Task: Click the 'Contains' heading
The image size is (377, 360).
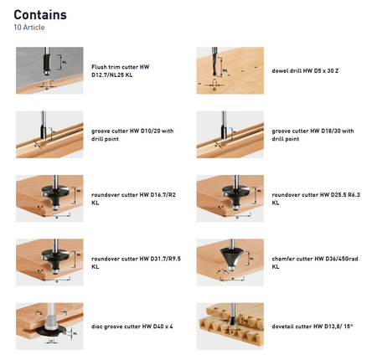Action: click(x=40, y=15)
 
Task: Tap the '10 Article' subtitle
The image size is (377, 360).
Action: click(x=29, y=28)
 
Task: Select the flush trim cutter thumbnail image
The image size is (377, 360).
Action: click(x=49, y=70)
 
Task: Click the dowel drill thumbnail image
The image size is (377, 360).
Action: click(x=230, y=70)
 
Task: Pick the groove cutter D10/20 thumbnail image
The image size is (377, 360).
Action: click(x=49, y=135)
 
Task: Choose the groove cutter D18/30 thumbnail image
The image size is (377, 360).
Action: click(x=230, y=135)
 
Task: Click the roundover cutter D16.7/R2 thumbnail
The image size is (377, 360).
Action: click(x=49, y=198)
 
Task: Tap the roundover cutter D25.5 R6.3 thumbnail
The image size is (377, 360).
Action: click(x=230, y=198)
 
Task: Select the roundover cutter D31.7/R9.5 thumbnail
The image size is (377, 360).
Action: click(x=49, y=262)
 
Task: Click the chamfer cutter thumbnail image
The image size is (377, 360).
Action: click(x=230, y=262)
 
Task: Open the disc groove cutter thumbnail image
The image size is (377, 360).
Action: click(x=49, y=327)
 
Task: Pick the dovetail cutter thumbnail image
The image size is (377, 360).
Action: click(x=230, y=327)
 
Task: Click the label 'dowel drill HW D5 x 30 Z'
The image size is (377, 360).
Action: click(x=305, y=71)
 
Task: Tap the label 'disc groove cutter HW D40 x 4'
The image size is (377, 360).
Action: click(x=132, y=327)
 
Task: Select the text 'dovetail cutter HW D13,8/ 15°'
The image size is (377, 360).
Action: click(x=312, y=327)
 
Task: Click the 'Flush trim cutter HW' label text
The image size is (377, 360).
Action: click(x=121, y=67)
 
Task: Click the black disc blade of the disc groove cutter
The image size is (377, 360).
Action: click(x=51, y=331)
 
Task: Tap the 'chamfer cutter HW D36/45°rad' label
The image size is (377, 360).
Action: click(x=315, y=259)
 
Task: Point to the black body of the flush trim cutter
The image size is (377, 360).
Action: click(x=47, y=63)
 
